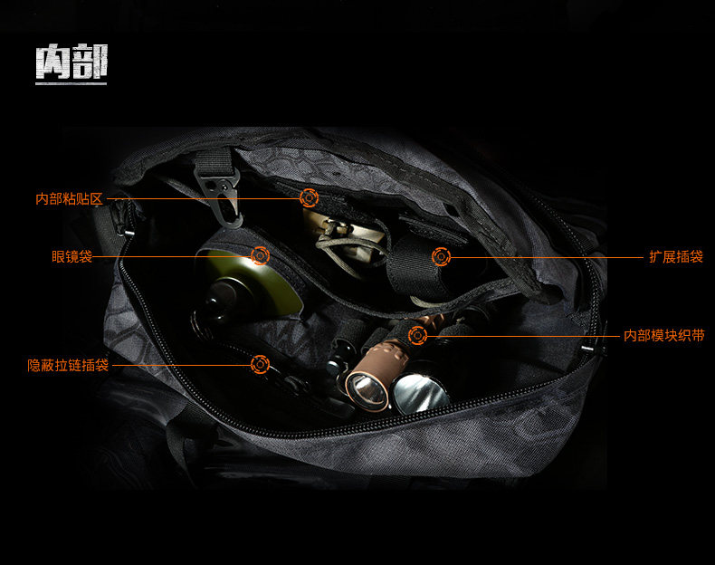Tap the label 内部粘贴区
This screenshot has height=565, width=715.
pyautogui.click(x=70, y=198)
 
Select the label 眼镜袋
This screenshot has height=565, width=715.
pyautogui.click(x=71, y=257)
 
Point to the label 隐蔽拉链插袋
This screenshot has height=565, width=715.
pyautogui.click(x=68, y=365)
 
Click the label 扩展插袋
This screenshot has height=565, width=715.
pyautogui.click(x=675, y=257)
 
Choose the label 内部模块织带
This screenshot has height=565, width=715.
pyautogui.click(x=663, y=336)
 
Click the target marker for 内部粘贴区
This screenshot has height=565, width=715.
pyautogui.click(x=309, y=196)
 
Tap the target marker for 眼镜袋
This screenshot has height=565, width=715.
pyautogui.click(x=260, y=256)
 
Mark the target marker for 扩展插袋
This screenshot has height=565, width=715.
pyautogui.click(x=441, y=257)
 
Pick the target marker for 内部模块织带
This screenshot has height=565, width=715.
pyautogui.click(x=417, y=336)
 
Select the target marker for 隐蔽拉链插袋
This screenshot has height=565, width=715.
pyautogui.click(x=260, y=365)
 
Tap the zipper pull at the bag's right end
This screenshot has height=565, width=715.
pyautogui.click(x=590, y=348)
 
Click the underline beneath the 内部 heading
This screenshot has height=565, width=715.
pyautogui.click(x=71, y=83)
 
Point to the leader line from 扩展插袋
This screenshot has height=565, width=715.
pyautogui.click(x=543, y=257)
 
